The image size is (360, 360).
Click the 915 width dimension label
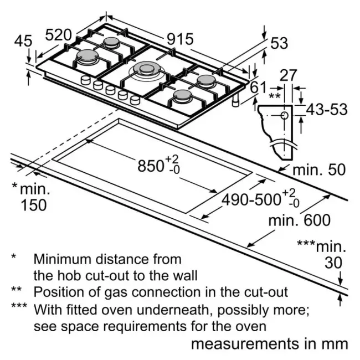[180, 39]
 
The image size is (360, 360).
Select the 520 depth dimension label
[59, 35]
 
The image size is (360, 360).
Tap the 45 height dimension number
[23, 42]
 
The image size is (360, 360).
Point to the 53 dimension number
[279, 43]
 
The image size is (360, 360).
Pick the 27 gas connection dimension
[288, 75]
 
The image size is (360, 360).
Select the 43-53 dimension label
[327, 109]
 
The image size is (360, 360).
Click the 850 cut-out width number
[151, 166]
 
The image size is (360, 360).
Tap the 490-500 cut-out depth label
[251, 199]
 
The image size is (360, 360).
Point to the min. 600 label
[300, 220]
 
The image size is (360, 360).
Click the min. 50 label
[319, 170]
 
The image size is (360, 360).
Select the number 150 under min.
[34, 205]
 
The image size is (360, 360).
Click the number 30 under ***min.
[333, 263]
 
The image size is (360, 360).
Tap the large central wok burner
[147, 70]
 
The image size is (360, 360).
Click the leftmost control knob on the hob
[85, 80]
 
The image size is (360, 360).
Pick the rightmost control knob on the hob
[135, 100]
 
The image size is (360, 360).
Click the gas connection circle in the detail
[285, 116]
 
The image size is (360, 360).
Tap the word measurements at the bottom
[245, 344]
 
